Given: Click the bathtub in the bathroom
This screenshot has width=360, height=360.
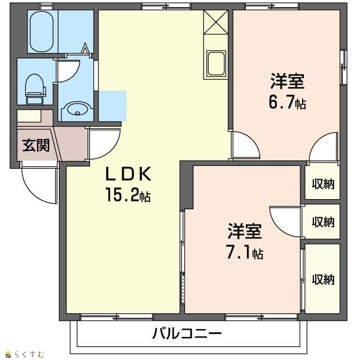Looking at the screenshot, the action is pyautogui.click(x=42, y=31).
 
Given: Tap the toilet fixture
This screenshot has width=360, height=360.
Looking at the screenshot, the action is pyautogui.click(x=35, y=89).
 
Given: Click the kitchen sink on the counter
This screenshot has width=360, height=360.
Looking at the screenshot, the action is pyautogui.click(x=216, y=64).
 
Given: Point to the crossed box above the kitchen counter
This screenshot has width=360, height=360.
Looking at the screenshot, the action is pyautogui.click(x=215, y=22).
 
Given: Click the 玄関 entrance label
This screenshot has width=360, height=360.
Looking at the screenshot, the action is pyautogui.click(x=36, y=145).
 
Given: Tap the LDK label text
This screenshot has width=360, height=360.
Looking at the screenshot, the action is pyautogui.click(x=128, y=174).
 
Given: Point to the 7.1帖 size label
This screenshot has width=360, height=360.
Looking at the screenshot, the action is pyautogui.click(x=245, y=252).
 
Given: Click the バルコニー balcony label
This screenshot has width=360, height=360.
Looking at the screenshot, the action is pyautogui.click(x=187, y=334).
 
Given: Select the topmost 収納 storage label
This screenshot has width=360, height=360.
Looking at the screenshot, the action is pyautogui.click(x=323, y=184).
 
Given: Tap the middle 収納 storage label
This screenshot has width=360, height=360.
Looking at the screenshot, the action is pyautogui.click(x=323, y=222).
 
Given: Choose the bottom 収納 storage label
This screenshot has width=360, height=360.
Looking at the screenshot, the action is pyautogui.click(x=323, y=279).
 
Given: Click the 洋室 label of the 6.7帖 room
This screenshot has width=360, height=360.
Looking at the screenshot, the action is pyautogui.click(x=287, y=81).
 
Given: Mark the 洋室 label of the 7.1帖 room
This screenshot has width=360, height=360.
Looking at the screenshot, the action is pyautogui.click(x=245, y=231).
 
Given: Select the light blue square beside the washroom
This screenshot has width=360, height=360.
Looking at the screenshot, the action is pyautogui.click(x=112, y=106).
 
